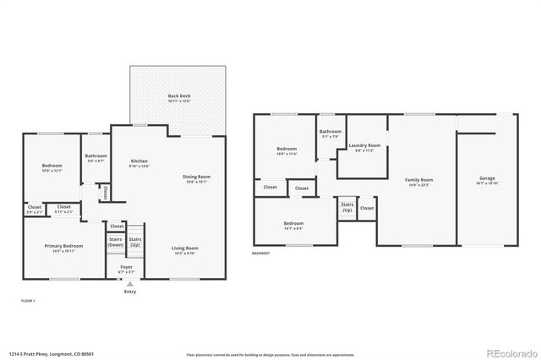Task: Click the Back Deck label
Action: pyautogui.click(x=178, y=96)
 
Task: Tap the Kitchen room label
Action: pyautogui.click(x=139, y=161)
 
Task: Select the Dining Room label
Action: pyautogui.click(x=197, y=177)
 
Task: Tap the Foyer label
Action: pyautogui.click(x=125, y=268)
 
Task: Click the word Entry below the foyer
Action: pyautogui.click(x=129, y=292)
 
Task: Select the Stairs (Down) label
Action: pyautogui.click(x=117, y=242)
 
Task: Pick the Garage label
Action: pyautogui.click(x=487, y=178)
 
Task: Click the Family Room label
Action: pyautogui.click(x=420, y=179)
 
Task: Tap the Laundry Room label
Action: pyautogui.click(x=364, y=145)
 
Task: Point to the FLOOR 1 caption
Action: pyautogui.click(x=28, y=300)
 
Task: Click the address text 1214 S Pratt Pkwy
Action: pyautogui.click(x=43, y=353)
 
